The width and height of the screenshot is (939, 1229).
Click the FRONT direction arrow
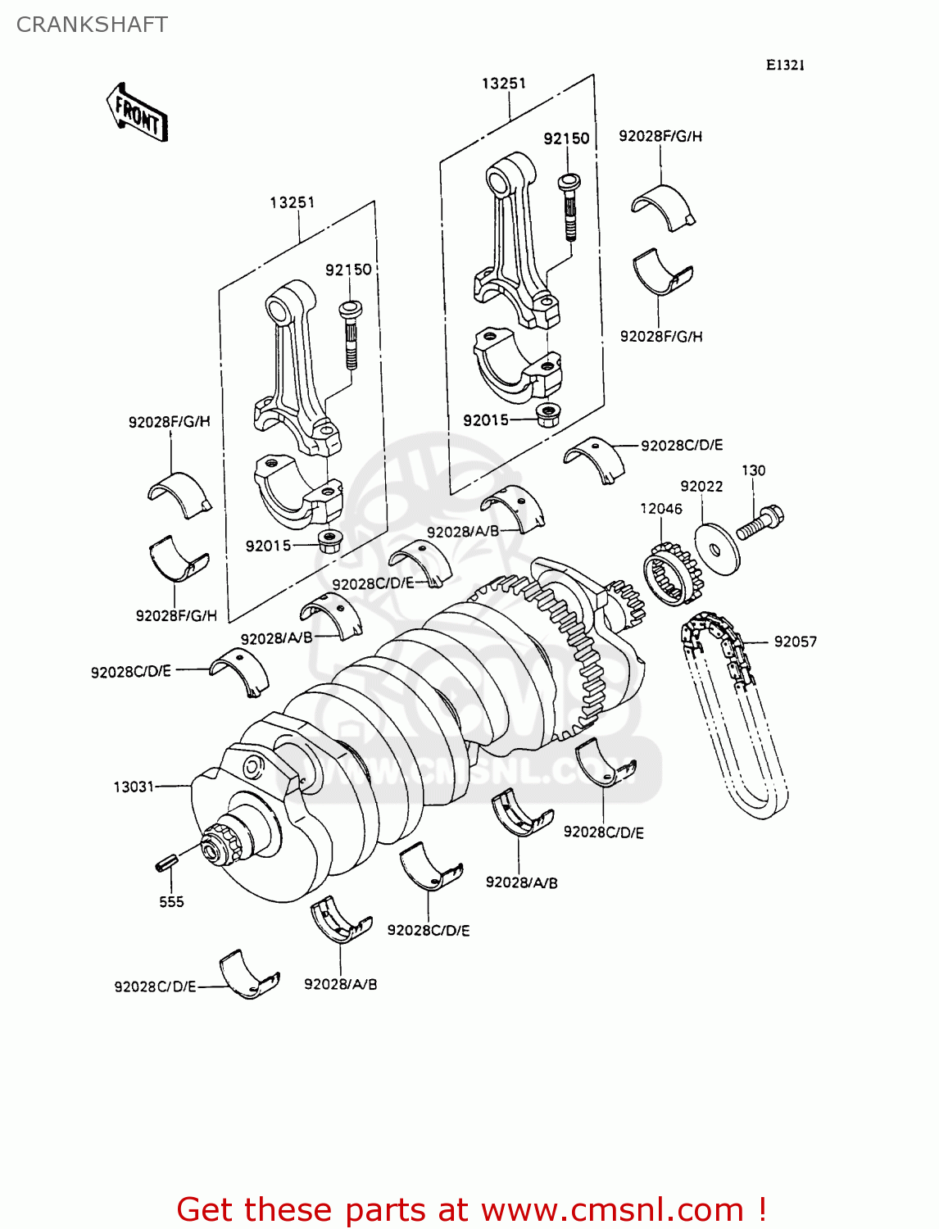137,113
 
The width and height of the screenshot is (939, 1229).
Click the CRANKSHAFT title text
92,25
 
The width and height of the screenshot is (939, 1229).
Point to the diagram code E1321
785,66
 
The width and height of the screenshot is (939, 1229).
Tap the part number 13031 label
134,787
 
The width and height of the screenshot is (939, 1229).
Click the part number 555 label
171,902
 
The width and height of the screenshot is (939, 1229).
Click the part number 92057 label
795,642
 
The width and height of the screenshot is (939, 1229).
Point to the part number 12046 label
660,509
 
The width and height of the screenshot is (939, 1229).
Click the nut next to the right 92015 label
547,415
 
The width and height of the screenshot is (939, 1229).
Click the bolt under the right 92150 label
569,205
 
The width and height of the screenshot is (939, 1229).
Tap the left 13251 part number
293,202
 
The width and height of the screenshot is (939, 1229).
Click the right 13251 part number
503,84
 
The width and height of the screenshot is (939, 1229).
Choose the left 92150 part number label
348,270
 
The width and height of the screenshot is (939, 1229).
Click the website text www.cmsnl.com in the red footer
611,1209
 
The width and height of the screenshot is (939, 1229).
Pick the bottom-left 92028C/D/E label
155,986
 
